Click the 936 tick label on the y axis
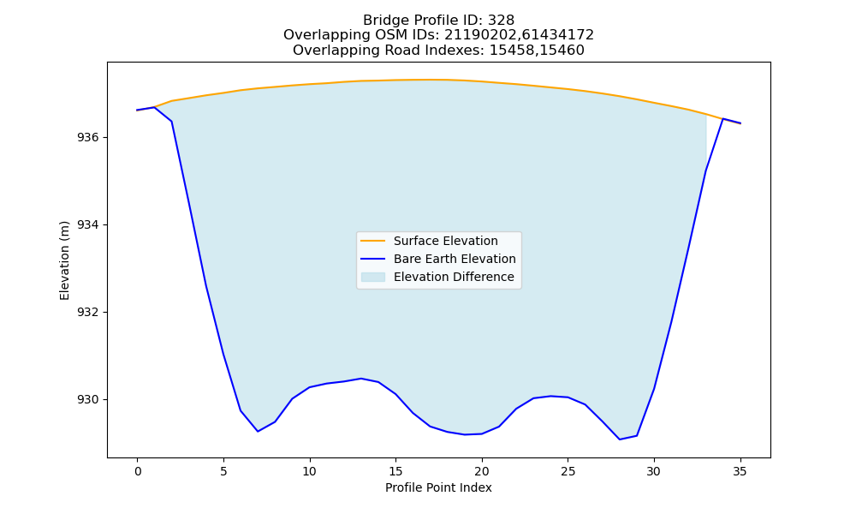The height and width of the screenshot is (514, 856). (88, 138)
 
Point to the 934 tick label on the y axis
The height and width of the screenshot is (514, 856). (88, 225)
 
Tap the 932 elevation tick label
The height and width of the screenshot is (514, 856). (88, 313)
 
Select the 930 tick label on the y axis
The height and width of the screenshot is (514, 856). (88, 400)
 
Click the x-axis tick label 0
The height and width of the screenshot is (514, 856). (138, 471)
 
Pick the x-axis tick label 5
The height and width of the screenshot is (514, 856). (223, 471)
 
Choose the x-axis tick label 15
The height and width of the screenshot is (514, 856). (395, 471)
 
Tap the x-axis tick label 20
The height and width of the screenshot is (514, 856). (481, 471)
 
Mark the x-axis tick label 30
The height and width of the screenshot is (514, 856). (654, 471)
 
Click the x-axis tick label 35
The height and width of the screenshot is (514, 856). (740, 471)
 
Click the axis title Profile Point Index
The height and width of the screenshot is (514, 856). (438, 487)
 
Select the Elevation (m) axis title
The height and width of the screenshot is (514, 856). (65, 260)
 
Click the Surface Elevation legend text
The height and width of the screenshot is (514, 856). (445, 241)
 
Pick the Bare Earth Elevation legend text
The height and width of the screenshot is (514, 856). (455, 259)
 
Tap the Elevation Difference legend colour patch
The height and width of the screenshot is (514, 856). (373, 277)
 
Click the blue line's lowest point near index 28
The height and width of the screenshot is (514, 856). (620, 439)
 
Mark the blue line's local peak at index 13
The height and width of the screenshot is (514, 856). (361, 378)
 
